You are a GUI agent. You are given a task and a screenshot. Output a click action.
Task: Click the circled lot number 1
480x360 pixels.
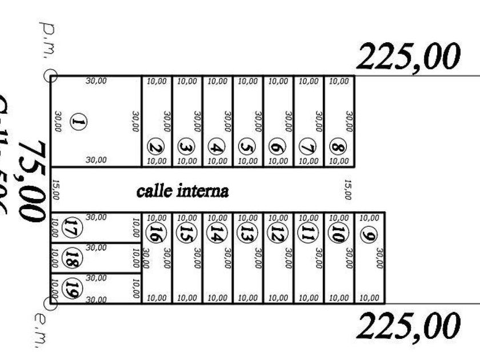79,122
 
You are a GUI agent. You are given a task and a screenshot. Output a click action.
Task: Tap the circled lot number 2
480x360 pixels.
155,147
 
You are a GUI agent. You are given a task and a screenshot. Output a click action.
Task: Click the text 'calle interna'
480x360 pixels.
183,191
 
